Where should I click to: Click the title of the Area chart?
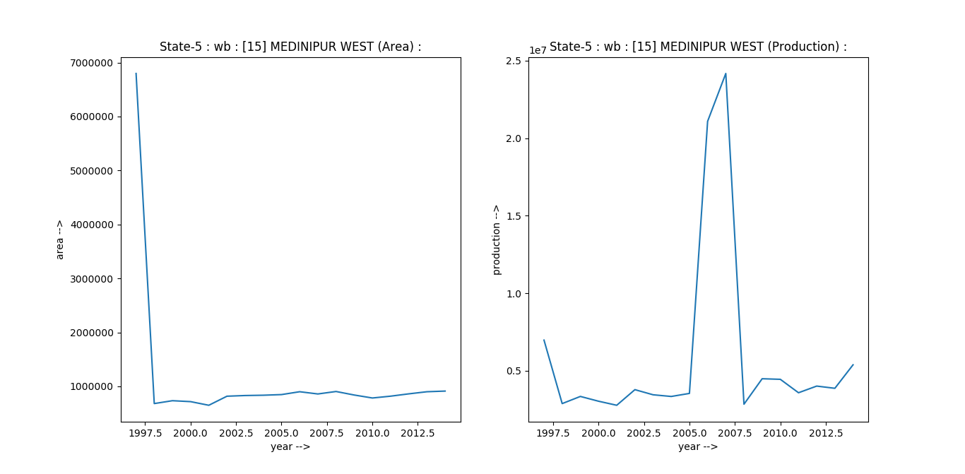click(290, 47)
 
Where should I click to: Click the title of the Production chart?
click(698, 47)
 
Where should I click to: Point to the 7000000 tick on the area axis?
click(93, 63)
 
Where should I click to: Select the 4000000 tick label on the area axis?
click(93, 225)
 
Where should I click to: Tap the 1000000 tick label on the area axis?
click(93, 386)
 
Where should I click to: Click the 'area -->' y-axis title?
click(60, 239)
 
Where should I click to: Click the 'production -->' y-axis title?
click(496, 239)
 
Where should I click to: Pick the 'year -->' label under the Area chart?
click(290, 446)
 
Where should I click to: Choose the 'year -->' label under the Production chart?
click(698, 446)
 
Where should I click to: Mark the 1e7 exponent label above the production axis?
click(538, 50)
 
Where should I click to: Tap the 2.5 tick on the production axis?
click(514, 61)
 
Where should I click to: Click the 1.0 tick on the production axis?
click(514, 293)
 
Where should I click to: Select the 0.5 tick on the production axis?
click(514, 371)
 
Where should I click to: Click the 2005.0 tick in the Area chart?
click(281, 432)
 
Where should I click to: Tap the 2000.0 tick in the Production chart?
click(598, 432)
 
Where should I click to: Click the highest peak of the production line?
click(726, 73)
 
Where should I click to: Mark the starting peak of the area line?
click(136, 73)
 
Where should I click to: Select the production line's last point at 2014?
click(853, 365)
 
